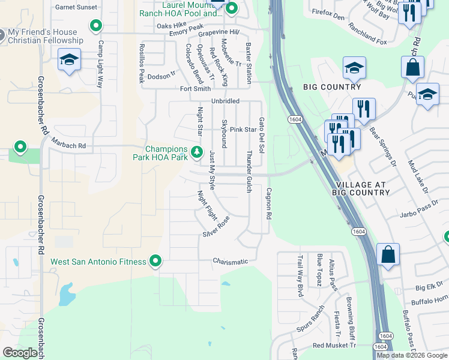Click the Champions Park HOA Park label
tap(160, 153)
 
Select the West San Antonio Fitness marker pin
tap(156, 261)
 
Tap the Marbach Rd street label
tap(69, 146)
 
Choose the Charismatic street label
tap(230, 262)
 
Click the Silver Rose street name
tap(216, 226)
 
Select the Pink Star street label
tap(243, 130)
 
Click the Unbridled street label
tap(225, 101)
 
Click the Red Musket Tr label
tap(334, 345)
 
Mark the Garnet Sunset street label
tap(76, 7)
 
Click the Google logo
tap(20, 353)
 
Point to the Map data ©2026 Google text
tap(412, 355)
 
